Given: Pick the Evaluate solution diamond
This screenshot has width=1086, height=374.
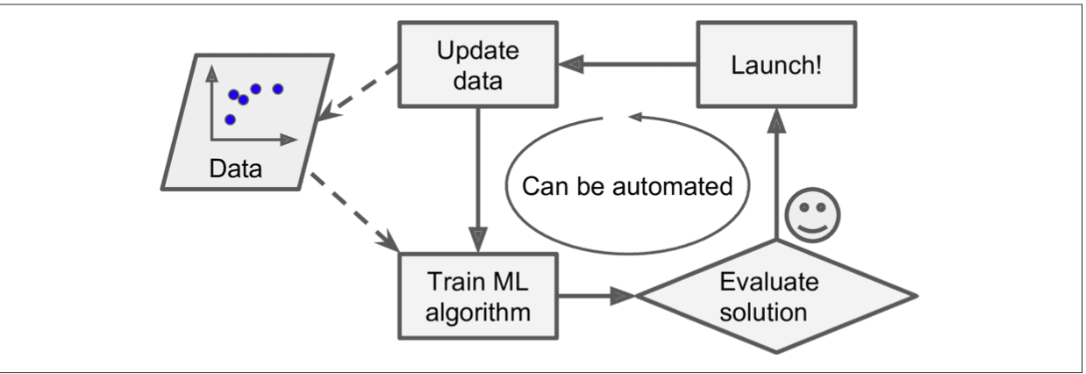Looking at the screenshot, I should click(x=775, y=296).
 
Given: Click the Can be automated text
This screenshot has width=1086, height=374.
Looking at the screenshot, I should click(x=625, y=187).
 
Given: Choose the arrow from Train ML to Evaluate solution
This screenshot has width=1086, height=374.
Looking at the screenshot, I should click(x=597, y=296).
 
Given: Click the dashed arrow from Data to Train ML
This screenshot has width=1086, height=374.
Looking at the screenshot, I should click(x=351, y=212).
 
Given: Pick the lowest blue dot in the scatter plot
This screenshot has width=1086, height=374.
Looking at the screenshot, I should click(x=230, y=119).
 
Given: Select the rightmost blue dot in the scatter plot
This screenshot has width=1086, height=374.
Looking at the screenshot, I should click(x=278, y=88).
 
